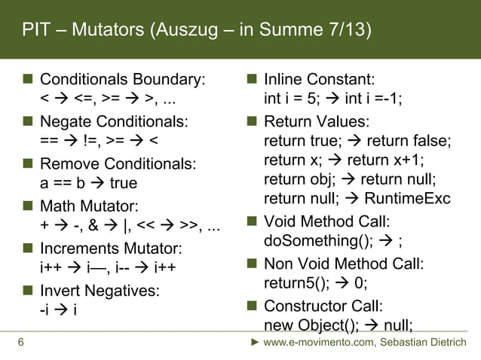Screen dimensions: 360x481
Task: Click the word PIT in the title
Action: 35,29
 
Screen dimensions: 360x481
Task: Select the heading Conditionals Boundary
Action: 122,79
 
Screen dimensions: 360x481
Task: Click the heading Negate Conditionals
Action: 114,121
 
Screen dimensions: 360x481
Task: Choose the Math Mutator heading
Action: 89,205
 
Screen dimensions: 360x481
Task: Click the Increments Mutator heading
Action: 110,248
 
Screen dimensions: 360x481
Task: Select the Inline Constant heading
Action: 320,79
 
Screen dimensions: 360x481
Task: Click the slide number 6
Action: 20,344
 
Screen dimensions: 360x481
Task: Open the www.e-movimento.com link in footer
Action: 320,344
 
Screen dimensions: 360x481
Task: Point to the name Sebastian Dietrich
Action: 424,344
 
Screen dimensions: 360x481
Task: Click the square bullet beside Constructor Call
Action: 253,306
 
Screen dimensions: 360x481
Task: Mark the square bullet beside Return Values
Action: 253,121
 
